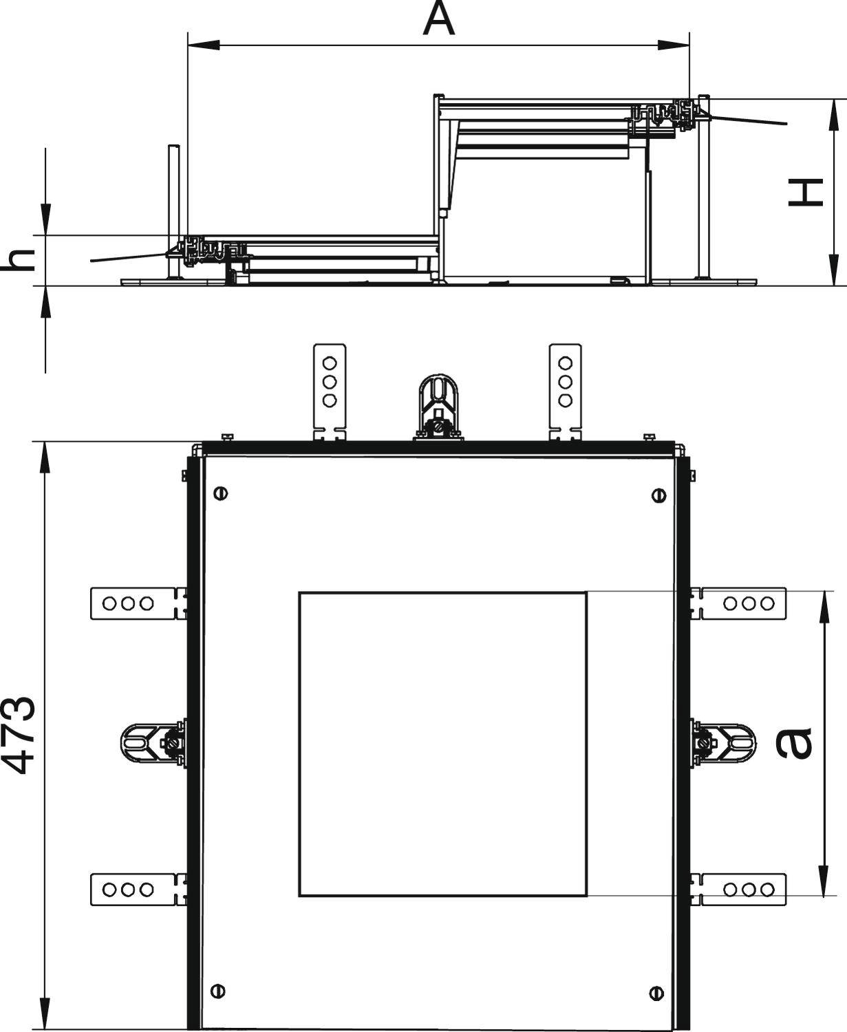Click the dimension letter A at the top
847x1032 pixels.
click(439, 19)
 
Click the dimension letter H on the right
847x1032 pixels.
click(806, 193)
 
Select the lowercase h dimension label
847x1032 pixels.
click(19, 260)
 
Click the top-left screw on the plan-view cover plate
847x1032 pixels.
click(221, 493)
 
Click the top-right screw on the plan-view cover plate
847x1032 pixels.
click(659, 495)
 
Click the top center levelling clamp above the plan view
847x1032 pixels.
click(438, 407)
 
